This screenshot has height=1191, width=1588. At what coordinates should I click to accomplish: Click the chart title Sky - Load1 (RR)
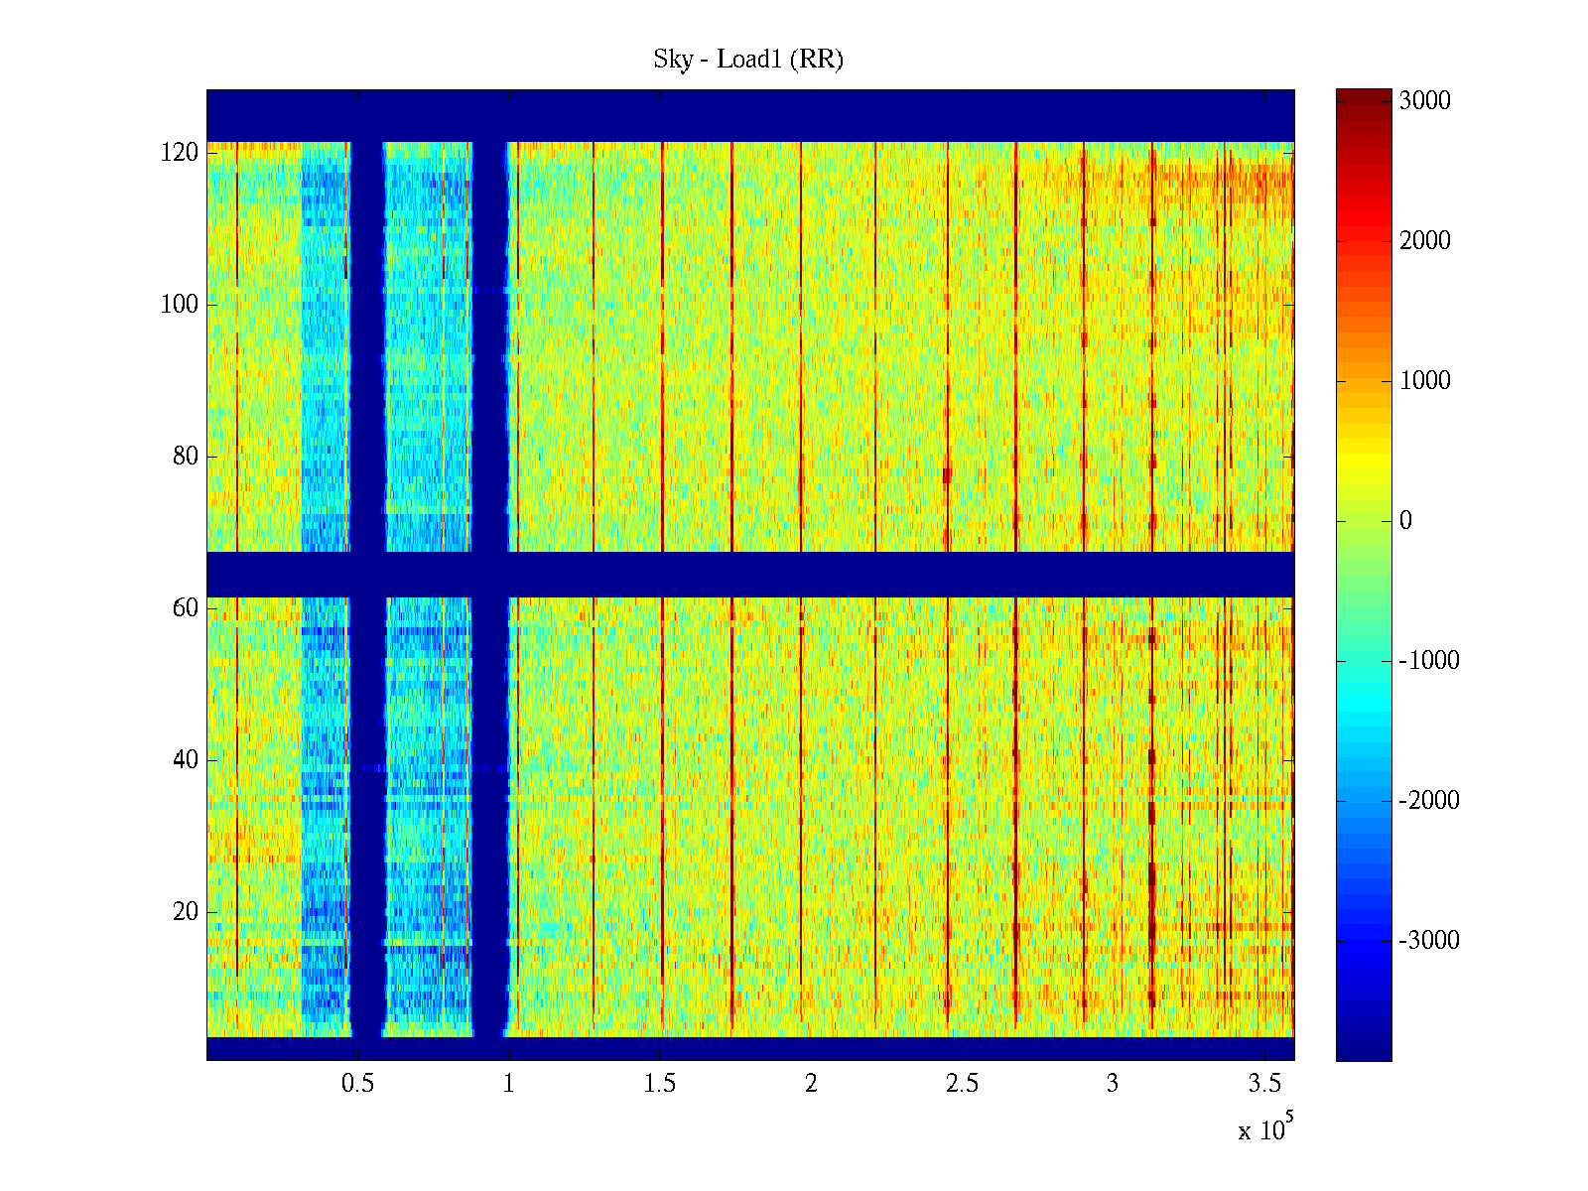pyautogui.click(x=747, y=60)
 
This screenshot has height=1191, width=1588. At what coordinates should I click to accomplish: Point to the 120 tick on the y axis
pyautogui.click(x=180, y=153)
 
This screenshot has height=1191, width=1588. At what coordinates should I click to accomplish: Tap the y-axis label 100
pyautogui.click(x=180, y=305)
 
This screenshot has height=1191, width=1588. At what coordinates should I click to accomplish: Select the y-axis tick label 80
pyautogui.click(x=186, y=457)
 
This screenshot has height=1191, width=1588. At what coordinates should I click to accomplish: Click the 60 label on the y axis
pyautogui.click(x=186, y=608)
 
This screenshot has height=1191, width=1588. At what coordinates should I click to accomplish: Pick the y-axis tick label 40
pyautogui.click(x=186, y=760)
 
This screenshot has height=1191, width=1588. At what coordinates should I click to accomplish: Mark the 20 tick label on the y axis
pyautogui.click(x=186, y=912)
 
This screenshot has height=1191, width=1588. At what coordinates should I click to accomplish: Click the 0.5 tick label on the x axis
pyautogui.click(x=357, y=1084)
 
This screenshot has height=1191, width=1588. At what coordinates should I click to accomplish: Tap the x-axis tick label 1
pyautogui.click(x=508, y=1084)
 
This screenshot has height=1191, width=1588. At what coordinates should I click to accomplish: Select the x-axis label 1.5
pyautogui.click(x=660, y=1084)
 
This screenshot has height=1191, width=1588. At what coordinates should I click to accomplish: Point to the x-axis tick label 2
pyautogui.click(x=811, y=1084)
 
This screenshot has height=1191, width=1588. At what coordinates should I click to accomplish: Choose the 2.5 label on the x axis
pyautogui.click(x=962, y=1084)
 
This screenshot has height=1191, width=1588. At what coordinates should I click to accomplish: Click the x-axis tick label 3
pyautogui.click(x=1113, y=1084)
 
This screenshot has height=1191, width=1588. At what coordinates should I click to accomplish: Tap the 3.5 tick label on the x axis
pyautogui.click(x=1264, y=1084)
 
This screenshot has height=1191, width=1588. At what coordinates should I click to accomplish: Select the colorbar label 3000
pyautogui.click(x=1424, y=101)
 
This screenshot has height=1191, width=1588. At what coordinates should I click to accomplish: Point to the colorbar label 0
pyautogui.click(x=1405, y=521)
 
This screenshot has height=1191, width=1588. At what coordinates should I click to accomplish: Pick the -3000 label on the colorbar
pyautogui.click(x=1429, y=941)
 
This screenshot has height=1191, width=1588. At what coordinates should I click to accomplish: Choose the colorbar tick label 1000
pyautogui.click(x=1424, y=381)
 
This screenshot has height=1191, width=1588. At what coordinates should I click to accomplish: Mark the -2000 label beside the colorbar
pyautogui.click(x=1429, y=801)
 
